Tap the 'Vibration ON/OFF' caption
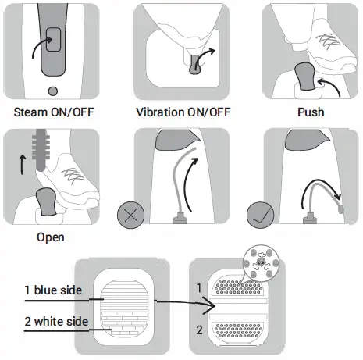click(182, 112)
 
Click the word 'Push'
click(311, 112)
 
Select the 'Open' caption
click(51, 236)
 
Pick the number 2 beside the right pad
click(199, 329)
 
